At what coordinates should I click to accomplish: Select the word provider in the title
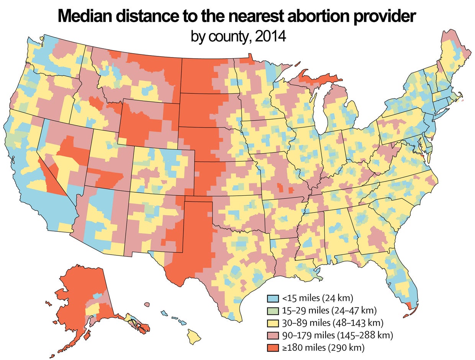383,17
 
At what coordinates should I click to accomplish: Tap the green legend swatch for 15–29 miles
272,310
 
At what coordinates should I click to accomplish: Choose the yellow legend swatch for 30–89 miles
272,322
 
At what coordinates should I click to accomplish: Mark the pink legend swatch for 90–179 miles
272,335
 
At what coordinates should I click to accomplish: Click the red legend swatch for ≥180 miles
272,348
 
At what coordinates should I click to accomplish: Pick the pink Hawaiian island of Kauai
147,305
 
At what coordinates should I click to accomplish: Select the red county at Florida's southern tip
409,306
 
